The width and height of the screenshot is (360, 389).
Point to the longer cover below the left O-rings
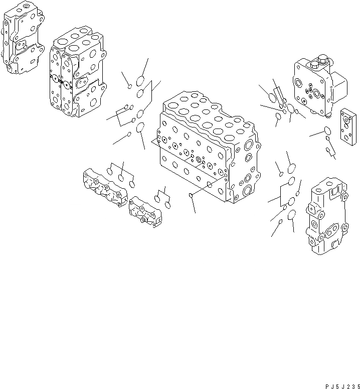point(105,188)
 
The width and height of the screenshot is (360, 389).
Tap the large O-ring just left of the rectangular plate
point(327,132)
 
